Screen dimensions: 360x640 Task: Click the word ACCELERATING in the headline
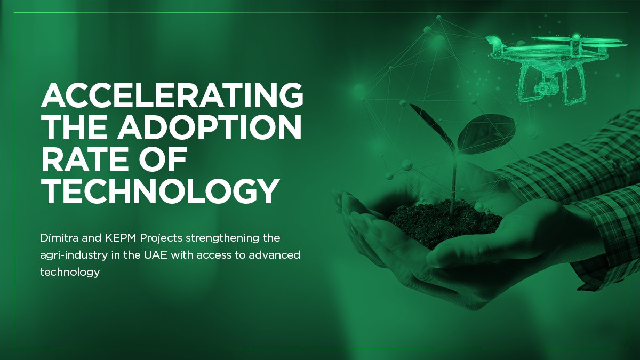pyautogui.click(x=172, y=96)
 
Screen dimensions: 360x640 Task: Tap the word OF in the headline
pyautogui.click(x=168, y=161)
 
